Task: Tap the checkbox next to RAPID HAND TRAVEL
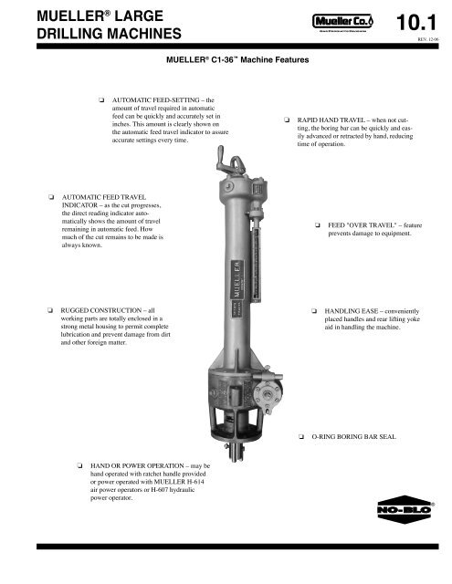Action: click(x=286, y=120)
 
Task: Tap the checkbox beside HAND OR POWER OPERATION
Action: click(x=81, y=465)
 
